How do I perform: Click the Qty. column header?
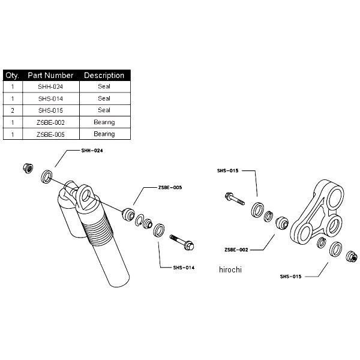[x=13, y=76]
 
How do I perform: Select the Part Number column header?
[x=50, y=76]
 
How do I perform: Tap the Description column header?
[x=104, y=76]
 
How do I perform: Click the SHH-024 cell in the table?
[x=50, y=86]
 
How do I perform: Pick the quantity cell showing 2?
[x=13, y=110]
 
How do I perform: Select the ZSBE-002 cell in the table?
[x=50, y=122]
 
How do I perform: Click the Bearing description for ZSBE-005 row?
[x=104, y=134]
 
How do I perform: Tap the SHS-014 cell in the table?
[x=50, y=98]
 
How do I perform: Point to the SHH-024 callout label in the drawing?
[x=92, y=151]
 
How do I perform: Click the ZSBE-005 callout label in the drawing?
[x=170, y=187]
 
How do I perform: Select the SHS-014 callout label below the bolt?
[x=184, y=268]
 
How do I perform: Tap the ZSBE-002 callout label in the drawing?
[x=236, y=250]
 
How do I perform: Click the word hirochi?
[x=230, y=269]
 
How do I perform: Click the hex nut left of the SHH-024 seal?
[x=28, y=168]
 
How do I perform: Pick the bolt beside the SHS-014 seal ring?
[x=182, y=242]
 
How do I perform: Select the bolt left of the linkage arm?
[x=235, y=199]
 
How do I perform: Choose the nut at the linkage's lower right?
[x=352, y=256]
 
